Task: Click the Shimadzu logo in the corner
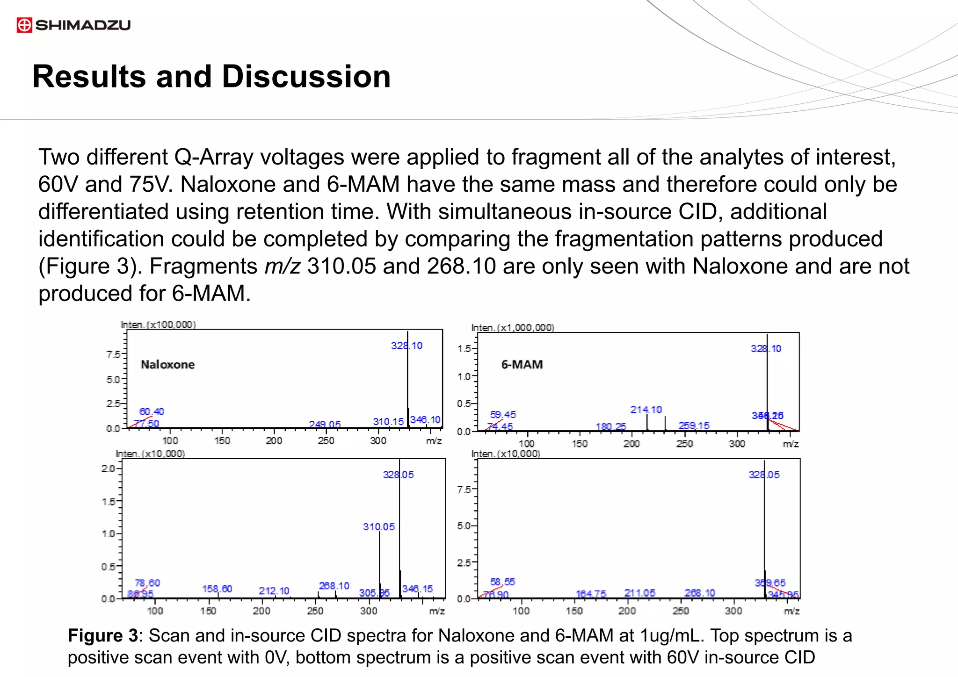coord(73,25)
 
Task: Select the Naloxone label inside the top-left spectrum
coord(167,365)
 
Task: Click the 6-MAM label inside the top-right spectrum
coord(522,365)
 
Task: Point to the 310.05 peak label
coord(379,527)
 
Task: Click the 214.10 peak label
coord(646,410)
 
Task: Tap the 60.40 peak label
coord(152,412)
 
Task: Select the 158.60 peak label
coord(217,589)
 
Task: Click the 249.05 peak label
coord(325,425)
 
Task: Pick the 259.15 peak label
coord(694,425)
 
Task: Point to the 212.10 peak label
coord(274,591)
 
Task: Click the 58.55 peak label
coord(502,582)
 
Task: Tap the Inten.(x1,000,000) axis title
coord(513,328)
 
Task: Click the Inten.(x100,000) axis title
coord(158,325)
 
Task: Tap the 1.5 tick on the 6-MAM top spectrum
coord(464,349)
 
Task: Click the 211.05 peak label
coord(639,593)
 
